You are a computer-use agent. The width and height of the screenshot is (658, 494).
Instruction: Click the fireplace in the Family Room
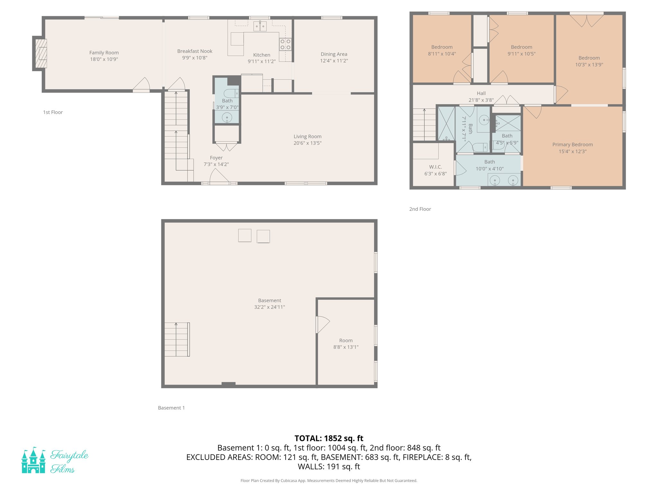pyautogui.click(x=41, y=53)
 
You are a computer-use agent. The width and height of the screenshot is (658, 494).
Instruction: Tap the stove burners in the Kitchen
pyautogui.click(x=285, y=44)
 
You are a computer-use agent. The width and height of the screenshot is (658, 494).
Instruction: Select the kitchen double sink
pyautogui.click(x=260, y=26)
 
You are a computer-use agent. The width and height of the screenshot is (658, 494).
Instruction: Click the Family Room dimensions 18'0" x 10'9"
pyautogui.click(x=104, y=59)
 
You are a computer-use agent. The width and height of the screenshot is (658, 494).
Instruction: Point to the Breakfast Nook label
pyautogui.click(x=195, y=51)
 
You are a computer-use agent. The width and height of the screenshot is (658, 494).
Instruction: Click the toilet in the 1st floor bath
pyautogui.click(x=231, y=94)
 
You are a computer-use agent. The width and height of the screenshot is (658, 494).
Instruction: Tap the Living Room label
pyautogui.click(x=307, y=136)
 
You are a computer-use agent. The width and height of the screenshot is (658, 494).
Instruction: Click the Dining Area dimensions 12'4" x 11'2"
pyautogui.click(x=334, y=61)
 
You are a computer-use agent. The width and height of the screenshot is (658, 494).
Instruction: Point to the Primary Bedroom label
pyautogui.click(x=572, y=145)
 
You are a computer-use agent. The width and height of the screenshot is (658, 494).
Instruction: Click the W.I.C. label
pyautogui.click(x=435, y=167)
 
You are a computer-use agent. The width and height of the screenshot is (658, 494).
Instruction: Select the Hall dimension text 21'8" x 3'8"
pyautogui.click(x=481, y=100)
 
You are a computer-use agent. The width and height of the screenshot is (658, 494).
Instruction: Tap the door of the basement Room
pyautogui.click(x=323, y=325)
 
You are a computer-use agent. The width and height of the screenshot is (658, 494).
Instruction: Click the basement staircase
pyautogui.click(x=177, y=339)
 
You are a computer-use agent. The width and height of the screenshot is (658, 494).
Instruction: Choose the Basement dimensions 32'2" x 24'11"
pyautogui.click(x=269, y=307)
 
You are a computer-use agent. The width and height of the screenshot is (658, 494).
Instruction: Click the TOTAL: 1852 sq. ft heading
pyautogui.click(x=329, y=438)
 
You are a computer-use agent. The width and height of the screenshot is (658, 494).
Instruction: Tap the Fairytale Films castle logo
pyautogui.click(x=33, y=460)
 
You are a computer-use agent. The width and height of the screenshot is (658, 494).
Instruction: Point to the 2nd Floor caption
pyautogui.click(x=420, y=209)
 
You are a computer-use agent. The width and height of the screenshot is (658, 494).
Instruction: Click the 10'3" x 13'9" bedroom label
pyautogui.click(x=589, y=65)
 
